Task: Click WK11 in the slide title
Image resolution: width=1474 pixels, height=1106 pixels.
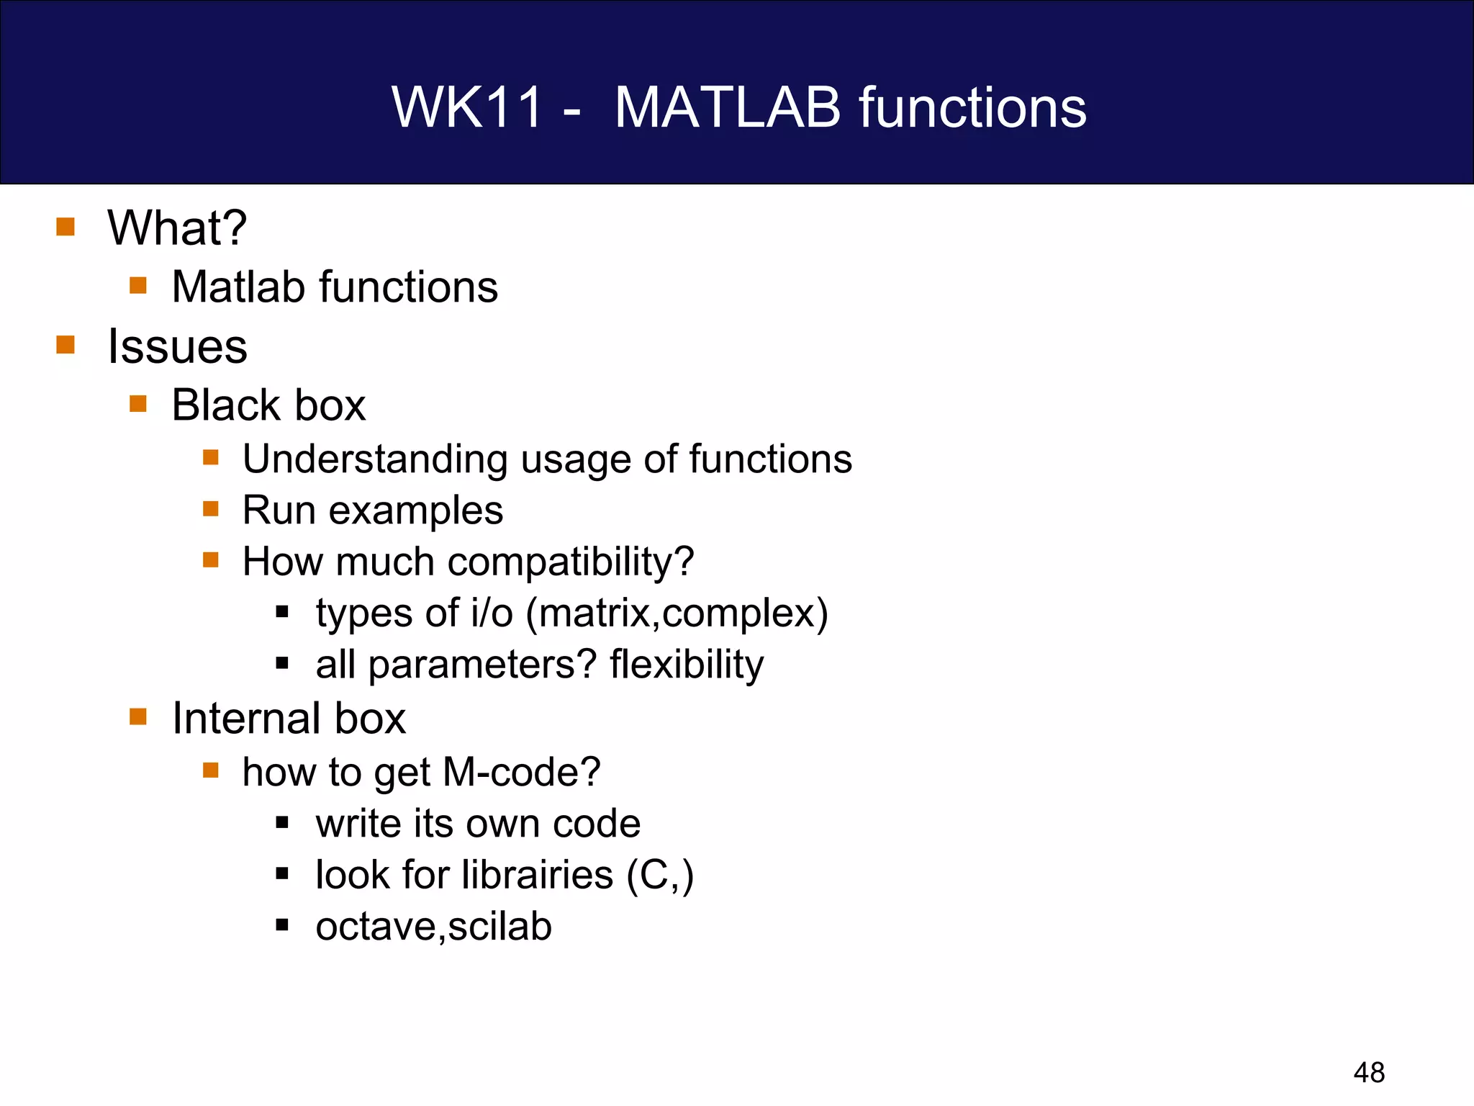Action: [x=466, y=107]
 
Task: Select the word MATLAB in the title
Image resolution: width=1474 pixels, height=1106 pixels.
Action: [x=727, y=107]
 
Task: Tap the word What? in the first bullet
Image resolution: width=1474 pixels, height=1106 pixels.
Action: [x=177, y=228]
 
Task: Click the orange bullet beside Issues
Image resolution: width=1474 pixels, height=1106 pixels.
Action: [x=65, y=345]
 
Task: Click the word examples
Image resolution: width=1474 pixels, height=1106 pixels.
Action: [x=415, y=511]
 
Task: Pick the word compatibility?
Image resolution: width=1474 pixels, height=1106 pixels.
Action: [x=571, y=562]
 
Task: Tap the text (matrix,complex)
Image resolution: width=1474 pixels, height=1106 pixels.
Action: [x=677, y=613]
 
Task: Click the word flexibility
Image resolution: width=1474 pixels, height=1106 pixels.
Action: [x=687, y=664]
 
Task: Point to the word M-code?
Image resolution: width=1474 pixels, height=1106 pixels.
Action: [x=521, y=772]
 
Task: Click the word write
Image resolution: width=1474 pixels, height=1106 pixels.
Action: [x=358, y=823]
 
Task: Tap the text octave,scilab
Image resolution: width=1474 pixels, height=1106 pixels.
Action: [x=433, y=926]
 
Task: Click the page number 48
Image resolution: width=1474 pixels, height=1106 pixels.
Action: [x=1369, y=1073]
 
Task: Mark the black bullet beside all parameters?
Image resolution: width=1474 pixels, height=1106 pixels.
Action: [x=282, y=663]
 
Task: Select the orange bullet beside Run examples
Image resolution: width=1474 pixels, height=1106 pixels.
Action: [x=210, y=509]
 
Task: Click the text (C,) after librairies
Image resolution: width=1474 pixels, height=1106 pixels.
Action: [x=660, y=876]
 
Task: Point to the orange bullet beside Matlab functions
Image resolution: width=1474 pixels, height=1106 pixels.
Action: [x=138, y=286]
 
